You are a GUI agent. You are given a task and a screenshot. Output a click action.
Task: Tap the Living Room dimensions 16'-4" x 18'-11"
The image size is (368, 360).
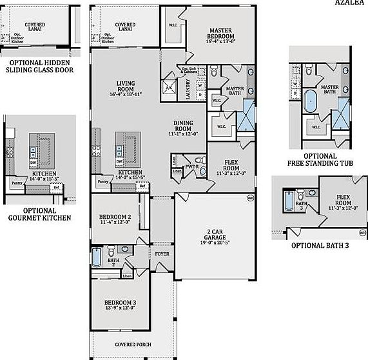(125, 94)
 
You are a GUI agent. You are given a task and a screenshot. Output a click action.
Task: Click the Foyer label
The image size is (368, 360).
(162, 254)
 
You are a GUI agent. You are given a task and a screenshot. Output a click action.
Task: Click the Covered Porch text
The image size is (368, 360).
(133, 345)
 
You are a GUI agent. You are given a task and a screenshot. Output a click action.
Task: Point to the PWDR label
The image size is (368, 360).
(191, 166)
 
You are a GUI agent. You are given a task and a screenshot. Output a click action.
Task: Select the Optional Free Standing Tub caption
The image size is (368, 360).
(321, 160)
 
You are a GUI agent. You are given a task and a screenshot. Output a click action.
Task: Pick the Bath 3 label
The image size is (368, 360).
(301, 206)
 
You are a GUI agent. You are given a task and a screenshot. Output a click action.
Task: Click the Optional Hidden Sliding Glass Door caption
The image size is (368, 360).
(38, 66)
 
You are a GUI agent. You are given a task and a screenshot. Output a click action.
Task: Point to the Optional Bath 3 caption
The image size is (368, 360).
(321, 246)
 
